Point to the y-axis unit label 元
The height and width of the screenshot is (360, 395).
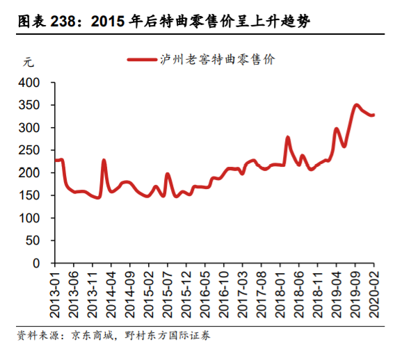(x=29, y=61)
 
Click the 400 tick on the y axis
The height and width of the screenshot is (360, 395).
(x=31, y=83)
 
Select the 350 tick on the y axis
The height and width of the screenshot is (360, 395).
(x=31, y=106)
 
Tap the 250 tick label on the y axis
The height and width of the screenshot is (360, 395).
(x=31, y=151)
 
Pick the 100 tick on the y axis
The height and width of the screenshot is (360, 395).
(x=31, y=218)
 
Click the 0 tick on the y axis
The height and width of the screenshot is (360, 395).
(x=38, y=263)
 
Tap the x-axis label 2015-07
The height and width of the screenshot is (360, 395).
(x=168, y=291)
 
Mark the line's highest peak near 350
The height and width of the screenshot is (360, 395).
(x=356, y=105)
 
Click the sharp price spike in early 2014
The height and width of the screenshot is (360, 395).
(x=104, y=160)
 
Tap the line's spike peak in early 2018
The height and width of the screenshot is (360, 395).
(x=287, y=138)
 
